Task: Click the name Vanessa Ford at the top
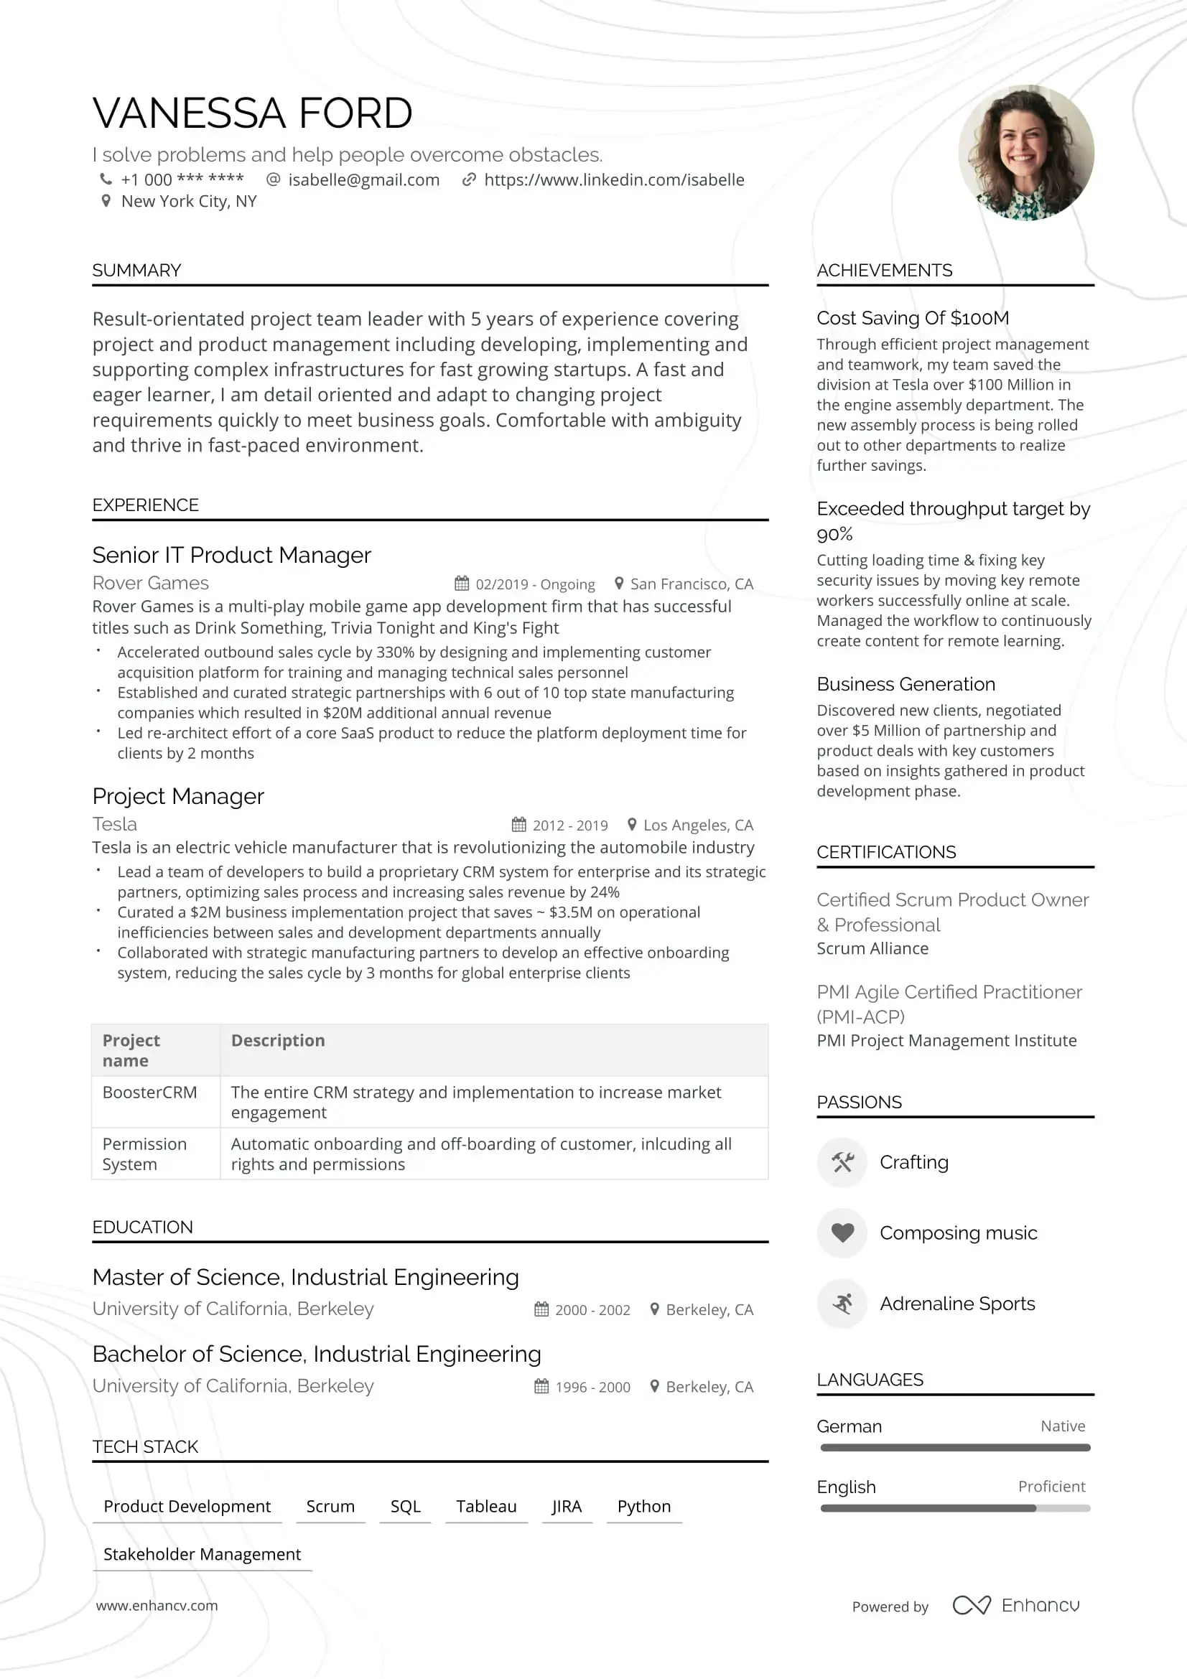tap(252, 113)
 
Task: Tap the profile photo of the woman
tap(1025, 152)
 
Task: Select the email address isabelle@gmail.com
tap(363, 180)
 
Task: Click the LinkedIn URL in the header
tap(614, 180)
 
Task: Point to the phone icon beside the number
tap(106, 179)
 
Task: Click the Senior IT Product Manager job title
tap(231, 555)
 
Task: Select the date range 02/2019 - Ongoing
tap(535, 584)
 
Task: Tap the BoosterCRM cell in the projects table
tap(150, 1093)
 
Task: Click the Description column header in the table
tap(278, 1041)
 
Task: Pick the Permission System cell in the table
tap(144, 1154)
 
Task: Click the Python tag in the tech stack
tap(643, 1507)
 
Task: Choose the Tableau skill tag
tap(486, 1507)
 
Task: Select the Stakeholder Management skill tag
tap(202, 1554)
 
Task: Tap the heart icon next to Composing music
tap(842, 1233)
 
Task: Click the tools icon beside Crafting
tap(842, 1162)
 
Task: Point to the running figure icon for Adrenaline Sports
tap(842, 1304)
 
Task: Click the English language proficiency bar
tap(954, 1508)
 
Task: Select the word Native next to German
tap(1063, 1426)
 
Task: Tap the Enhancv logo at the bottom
tap(1016, 1605)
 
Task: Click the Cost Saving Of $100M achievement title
tap(913, 318)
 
